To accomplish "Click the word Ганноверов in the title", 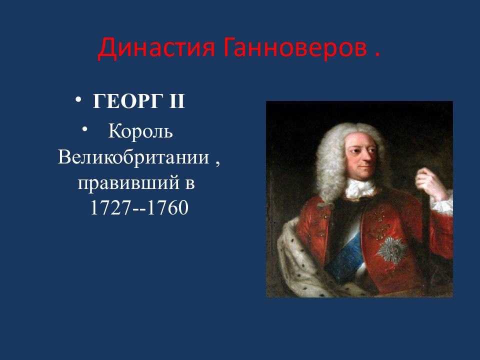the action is coord(295,47).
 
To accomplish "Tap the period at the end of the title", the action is coord(377,54).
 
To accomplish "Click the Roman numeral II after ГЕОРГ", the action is coord(177,100).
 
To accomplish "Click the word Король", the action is coord(140,132).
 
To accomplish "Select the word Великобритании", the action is coord(133,157).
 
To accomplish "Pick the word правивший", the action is coord(128,183).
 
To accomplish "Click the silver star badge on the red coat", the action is coord(392,249).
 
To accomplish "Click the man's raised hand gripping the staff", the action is coord(430,183).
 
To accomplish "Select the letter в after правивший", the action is coord(190,184).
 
